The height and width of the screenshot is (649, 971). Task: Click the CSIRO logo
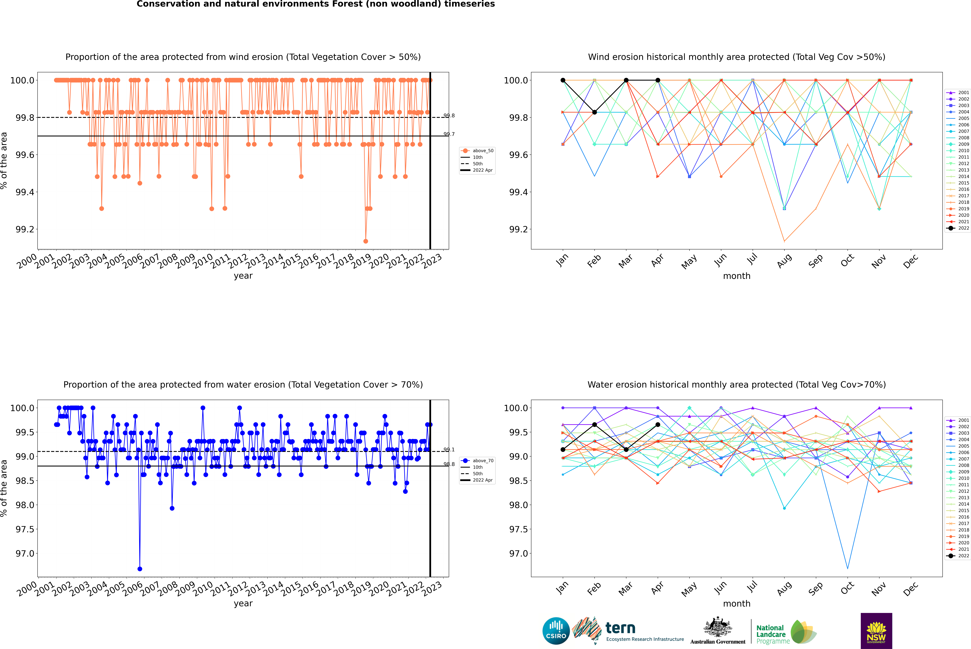point(556,631)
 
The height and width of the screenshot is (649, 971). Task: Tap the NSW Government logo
point(876,631)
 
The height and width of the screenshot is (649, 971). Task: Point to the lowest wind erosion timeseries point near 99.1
point(365,241)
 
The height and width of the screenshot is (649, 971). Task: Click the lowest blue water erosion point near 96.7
point(140,569)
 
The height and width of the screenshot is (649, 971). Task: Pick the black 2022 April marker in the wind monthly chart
point(658,80)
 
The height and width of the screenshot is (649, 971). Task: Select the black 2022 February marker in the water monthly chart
point(594,425)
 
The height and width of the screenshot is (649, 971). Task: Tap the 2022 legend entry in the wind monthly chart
point(958,228)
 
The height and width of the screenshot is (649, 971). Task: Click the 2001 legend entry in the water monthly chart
point(958,420)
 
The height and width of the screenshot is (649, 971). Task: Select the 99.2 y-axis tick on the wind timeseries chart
point(25,229)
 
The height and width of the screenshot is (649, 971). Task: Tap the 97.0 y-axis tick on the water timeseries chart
point(25,553)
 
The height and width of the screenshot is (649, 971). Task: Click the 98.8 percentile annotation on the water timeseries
point(449,464)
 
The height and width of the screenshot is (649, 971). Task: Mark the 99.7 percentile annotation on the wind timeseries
point(449,134)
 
